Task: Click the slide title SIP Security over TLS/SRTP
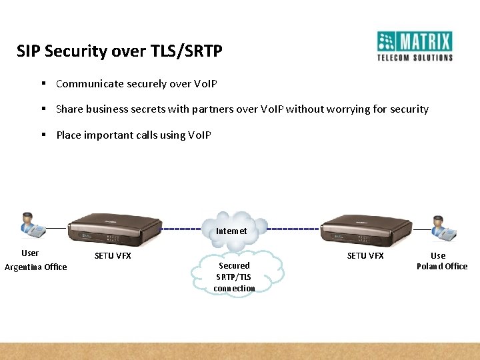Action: (x=119, y=51)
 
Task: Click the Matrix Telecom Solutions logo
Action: (x=415, y=46)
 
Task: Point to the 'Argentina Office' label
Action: (x=36, y=267)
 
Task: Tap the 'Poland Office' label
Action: (x=442, y=267)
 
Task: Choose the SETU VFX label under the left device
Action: (x=113, y=256)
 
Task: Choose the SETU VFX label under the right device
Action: (x=365, y=256)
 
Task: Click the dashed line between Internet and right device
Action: (x=293, y=229)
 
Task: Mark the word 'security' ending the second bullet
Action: (x=409, y=109)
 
